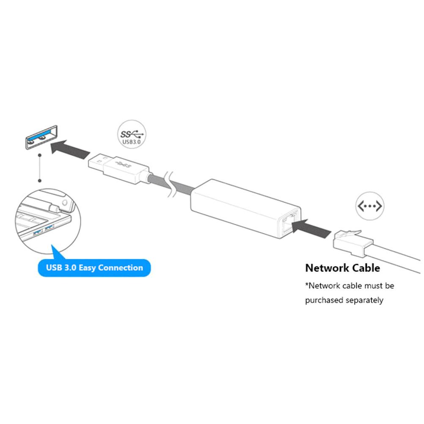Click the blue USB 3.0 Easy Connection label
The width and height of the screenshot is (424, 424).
tap(94, 267)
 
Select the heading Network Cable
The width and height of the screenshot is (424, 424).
tap(342, 268)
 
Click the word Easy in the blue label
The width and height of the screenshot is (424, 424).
tap(85, 267)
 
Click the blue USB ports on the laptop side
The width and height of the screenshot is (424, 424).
tap(44, 230)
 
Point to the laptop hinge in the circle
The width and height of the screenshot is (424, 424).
tap(59, 205)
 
